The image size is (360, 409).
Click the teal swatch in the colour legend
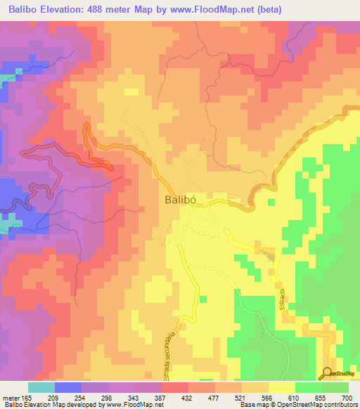coord(41,387)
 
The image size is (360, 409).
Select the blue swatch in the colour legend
coord(67,387)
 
